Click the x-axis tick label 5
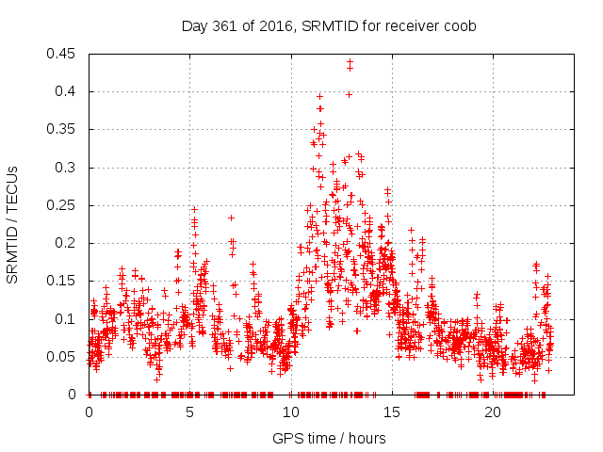pos(190,412)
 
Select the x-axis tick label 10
pos(291,412)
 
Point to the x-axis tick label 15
pos(392,412)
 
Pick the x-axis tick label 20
pos(494,412)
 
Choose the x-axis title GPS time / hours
pos(329,438)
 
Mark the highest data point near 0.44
pos(350,62)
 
